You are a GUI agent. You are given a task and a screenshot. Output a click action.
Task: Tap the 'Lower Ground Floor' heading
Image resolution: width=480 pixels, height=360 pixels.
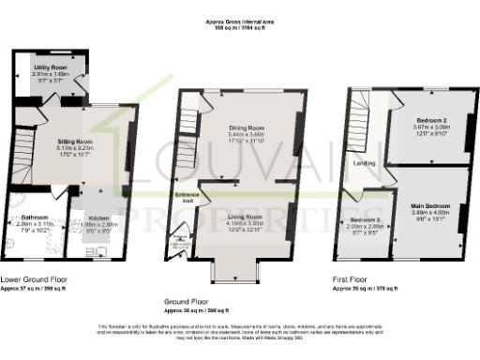(x=34, y=278)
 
